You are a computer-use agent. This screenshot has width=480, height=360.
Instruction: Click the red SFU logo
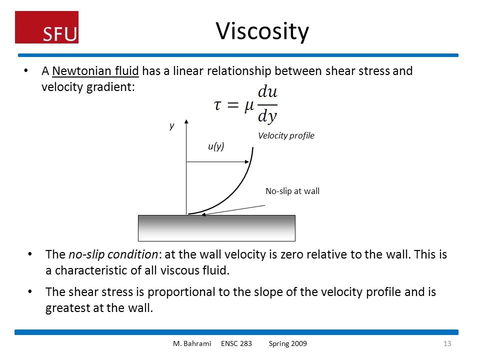tap(46, 27)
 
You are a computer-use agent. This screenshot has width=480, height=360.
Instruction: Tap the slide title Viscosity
tap(262, 31)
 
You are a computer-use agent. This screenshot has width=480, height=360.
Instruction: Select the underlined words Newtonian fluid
tap(95, 71)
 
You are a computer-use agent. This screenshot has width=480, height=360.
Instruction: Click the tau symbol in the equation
tap(217, 105)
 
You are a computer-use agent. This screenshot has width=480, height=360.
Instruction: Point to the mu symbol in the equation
tap(249, 106)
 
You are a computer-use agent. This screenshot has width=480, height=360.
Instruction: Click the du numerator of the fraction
tap(267, 91)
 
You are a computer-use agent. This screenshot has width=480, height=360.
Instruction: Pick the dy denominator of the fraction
tap(267, 116)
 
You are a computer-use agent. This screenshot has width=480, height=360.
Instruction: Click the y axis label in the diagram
tap(171, 126)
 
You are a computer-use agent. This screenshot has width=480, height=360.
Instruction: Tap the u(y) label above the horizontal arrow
tap(216, 146)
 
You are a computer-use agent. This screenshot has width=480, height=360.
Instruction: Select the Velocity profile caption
tap(286, 135)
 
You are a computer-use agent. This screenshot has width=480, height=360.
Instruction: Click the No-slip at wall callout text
tap(292, 191)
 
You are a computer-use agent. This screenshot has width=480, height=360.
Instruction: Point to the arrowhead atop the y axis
tap(186, 121)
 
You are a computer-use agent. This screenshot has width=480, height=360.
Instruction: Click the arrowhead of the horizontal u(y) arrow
tap(247, 161)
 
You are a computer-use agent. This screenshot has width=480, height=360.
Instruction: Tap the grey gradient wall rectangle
tap(216, 228)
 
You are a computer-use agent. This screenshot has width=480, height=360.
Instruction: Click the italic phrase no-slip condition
tap(113, 254)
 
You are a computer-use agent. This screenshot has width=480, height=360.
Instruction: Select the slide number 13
tap(447, 343)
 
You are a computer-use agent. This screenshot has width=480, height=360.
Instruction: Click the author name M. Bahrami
tap(192, 343)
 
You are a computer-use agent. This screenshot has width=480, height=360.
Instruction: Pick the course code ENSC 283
tap(236, 343)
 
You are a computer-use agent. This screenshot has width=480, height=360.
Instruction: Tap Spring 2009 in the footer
tap(288, 343)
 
